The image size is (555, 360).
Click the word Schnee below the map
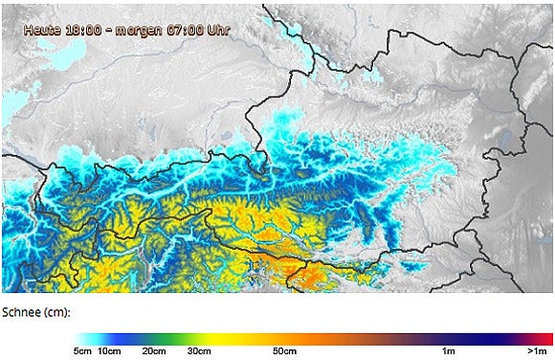coord(23,313)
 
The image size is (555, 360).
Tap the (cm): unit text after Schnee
coord(59,313)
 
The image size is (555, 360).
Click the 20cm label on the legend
coord(154,351)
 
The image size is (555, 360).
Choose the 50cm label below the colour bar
coord(284,351)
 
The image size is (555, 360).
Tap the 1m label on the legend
coord(447,351)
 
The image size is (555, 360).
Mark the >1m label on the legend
coord(536,351)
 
